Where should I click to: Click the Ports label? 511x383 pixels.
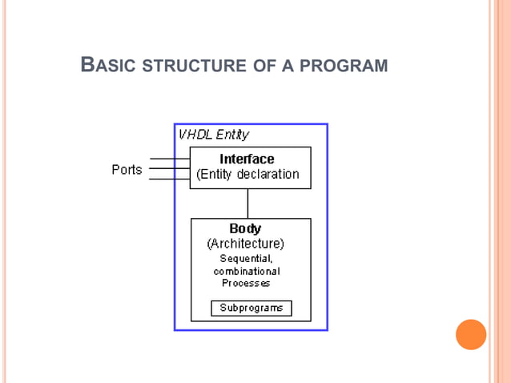pos(127,169)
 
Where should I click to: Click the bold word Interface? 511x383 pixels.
pos(247,159)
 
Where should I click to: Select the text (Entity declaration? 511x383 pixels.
pos(247,174)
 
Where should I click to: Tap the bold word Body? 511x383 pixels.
pos(245,228)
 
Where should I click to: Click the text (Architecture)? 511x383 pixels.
pos(245,243)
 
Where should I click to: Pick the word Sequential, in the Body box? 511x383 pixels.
pos(247,258)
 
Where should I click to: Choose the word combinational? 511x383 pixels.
pos(247,271)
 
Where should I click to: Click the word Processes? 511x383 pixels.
pos(247,283)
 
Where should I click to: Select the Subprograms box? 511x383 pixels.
pos(251,308)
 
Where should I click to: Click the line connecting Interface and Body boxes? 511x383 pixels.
pos(247,204)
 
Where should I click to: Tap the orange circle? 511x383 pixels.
pos(471,334)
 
